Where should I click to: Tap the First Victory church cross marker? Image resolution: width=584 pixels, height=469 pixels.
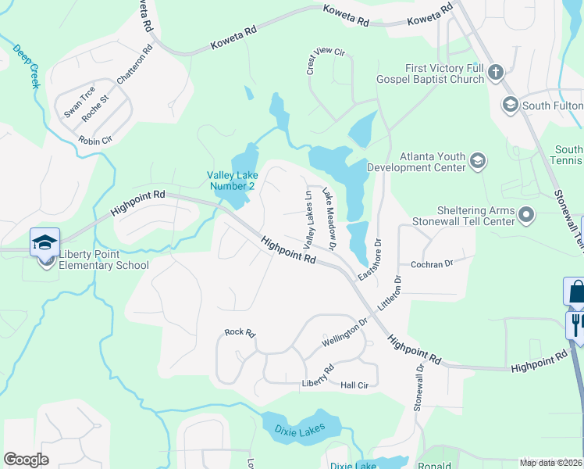[495, 74]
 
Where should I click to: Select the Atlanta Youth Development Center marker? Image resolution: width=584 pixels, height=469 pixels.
[478, 162]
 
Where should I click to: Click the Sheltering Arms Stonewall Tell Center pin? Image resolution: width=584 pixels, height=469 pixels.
[527, 214]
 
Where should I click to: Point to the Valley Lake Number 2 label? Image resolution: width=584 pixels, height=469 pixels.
[231, 181]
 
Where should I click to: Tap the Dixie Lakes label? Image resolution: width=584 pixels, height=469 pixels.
[301, 429]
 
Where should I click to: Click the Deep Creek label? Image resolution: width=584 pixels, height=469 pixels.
[26, 66]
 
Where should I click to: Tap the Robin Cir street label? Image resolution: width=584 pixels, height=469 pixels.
[95, 141]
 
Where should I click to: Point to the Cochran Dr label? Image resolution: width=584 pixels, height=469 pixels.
[432, 264]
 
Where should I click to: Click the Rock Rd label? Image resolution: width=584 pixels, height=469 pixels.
[240, 332]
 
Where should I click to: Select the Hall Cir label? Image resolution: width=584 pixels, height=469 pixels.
[354, 385]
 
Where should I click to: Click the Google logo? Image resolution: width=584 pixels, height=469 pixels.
[27, 460]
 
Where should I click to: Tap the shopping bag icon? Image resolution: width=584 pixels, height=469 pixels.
[575, 291]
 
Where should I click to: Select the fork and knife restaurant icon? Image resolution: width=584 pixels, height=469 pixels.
[576, 324]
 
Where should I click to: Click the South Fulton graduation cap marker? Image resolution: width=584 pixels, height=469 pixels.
[511, 105]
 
